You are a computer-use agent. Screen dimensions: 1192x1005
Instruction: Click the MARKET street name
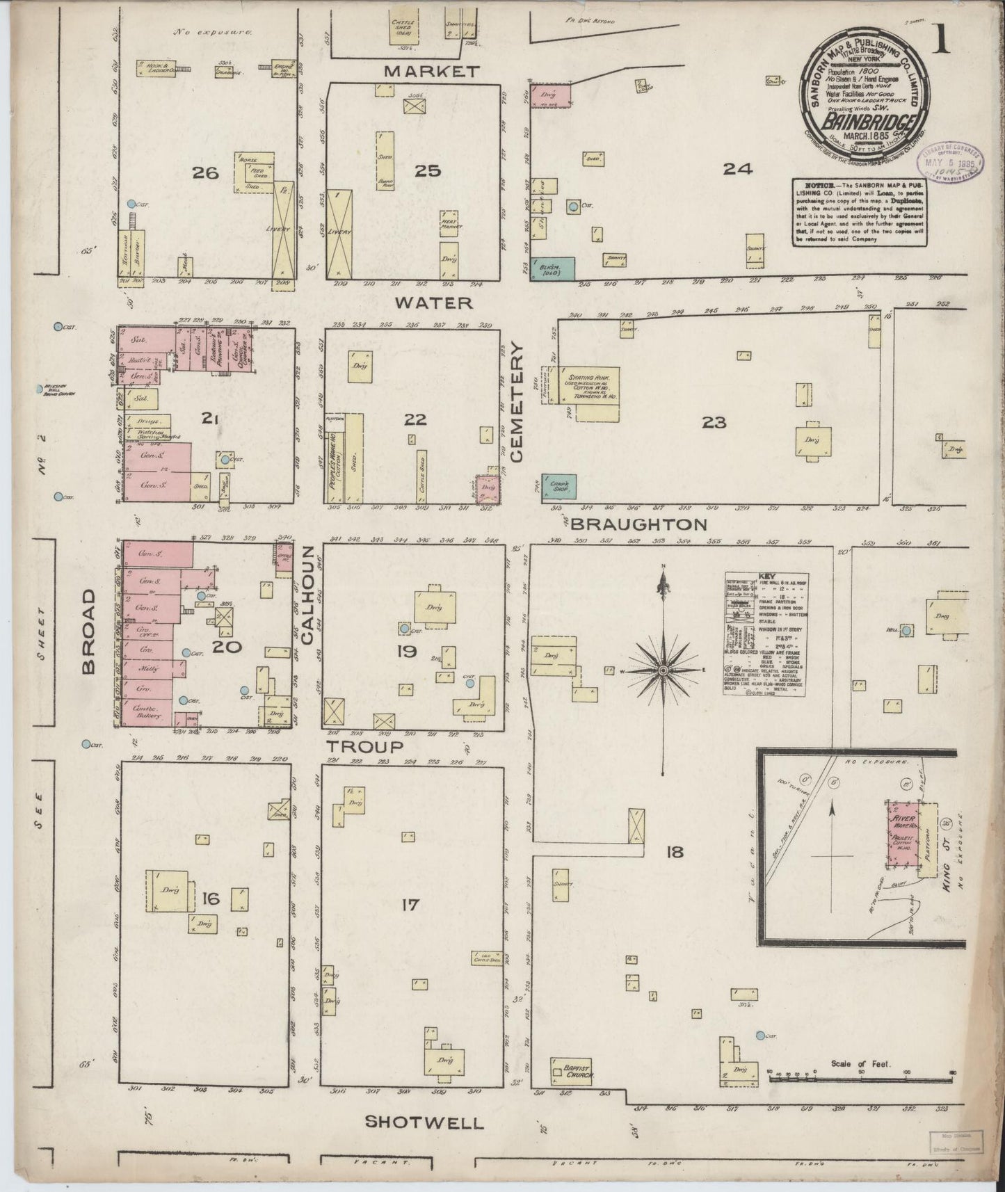[x=432, y=71]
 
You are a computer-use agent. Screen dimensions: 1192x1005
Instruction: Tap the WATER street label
[x=433, y=303]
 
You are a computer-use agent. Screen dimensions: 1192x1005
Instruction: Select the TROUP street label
[x=365, y=746]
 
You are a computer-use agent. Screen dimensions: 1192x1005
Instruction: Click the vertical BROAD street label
[x=89, y=632]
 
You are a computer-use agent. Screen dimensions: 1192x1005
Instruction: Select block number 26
[x=206, y=172]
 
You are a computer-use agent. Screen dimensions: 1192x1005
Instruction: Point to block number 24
[x=737, y=168]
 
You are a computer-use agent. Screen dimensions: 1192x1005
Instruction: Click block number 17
[x=410, y=905]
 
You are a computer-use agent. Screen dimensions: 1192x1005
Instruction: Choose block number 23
[x=714, y=421]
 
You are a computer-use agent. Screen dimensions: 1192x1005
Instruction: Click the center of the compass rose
[x=664, y=670]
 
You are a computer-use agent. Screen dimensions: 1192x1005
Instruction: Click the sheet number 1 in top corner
[x=942, y=42]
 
